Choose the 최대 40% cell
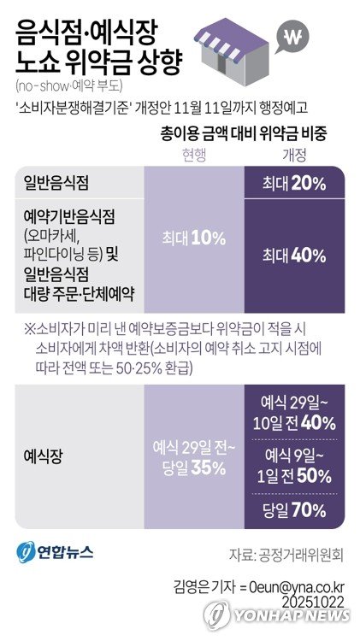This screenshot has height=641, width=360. pyautogui.click(x=294, y=254)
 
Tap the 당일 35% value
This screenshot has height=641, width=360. pyautogui.click(x=195, y=468)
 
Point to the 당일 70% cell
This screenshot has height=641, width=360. pyautogui.click(x=294, y=510)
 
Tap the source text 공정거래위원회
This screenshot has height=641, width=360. pyautogui.click(x=304, y=554)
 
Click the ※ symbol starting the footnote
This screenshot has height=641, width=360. pyautogui.click(x=30, y=328)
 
